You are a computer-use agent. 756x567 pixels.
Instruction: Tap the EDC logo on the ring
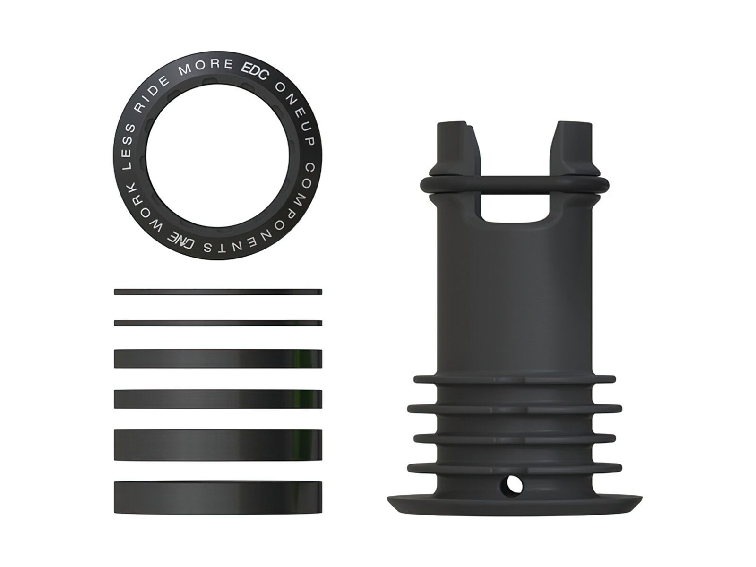pos(255,69)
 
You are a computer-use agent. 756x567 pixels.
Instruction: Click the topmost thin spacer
pos(218,292)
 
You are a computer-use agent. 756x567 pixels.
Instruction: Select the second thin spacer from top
pos(218,323)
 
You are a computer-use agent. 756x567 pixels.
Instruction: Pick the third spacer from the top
pos(218,359)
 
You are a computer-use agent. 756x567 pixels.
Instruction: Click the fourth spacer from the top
pos(218,399)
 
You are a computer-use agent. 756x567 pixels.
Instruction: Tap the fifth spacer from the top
pos(218,444)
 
